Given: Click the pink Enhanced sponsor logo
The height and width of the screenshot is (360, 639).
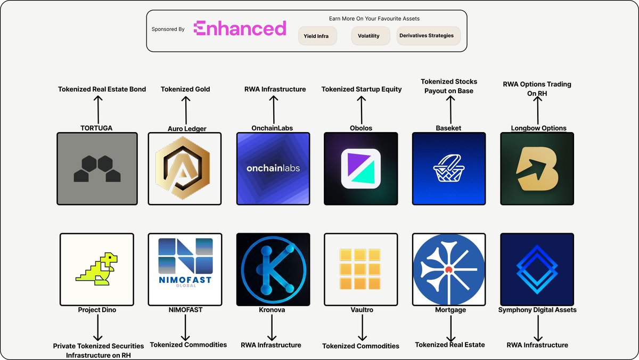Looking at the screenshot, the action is [240, 28].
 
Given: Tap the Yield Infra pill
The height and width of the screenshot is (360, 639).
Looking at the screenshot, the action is [317, 36].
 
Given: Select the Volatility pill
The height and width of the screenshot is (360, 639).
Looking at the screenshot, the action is [370, 36].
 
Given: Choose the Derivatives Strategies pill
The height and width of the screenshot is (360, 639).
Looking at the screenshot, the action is [429, 36].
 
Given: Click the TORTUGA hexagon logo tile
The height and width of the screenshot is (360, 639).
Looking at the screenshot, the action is [97, 169].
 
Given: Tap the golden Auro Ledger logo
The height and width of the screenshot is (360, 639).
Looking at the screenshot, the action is [183, 168].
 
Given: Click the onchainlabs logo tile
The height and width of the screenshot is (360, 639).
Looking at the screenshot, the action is [273, 169].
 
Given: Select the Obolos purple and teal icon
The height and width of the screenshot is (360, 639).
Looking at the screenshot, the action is [361, 169].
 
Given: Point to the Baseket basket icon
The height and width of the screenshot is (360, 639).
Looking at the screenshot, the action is [449, 168].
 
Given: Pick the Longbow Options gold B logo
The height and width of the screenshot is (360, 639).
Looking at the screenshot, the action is [537, 169].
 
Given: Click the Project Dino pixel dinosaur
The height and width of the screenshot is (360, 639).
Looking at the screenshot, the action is [97, 268].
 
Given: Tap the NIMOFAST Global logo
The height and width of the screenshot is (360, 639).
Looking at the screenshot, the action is [185, 263].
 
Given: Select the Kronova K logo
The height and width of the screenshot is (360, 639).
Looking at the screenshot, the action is [273, 269].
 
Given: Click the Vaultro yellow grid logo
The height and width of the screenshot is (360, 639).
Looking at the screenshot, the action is [360, 269].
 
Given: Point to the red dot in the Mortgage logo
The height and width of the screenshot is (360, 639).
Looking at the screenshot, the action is [449, 269].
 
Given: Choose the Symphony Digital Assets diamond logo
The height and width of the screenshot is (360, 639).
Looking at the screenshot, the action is [537, 269].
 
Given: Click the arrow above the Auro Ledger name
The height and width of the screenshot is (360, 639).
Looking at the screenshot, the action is [186, 110].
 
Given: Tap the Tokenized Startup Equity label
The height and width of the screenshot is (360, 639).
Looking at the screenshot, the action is [362, 89].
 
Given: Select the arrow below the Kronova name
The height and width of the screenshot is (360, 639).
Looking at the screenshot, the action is [272, 328].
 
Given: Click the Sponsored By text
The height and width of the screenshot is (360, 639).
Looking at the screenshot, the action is [168, 29].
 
